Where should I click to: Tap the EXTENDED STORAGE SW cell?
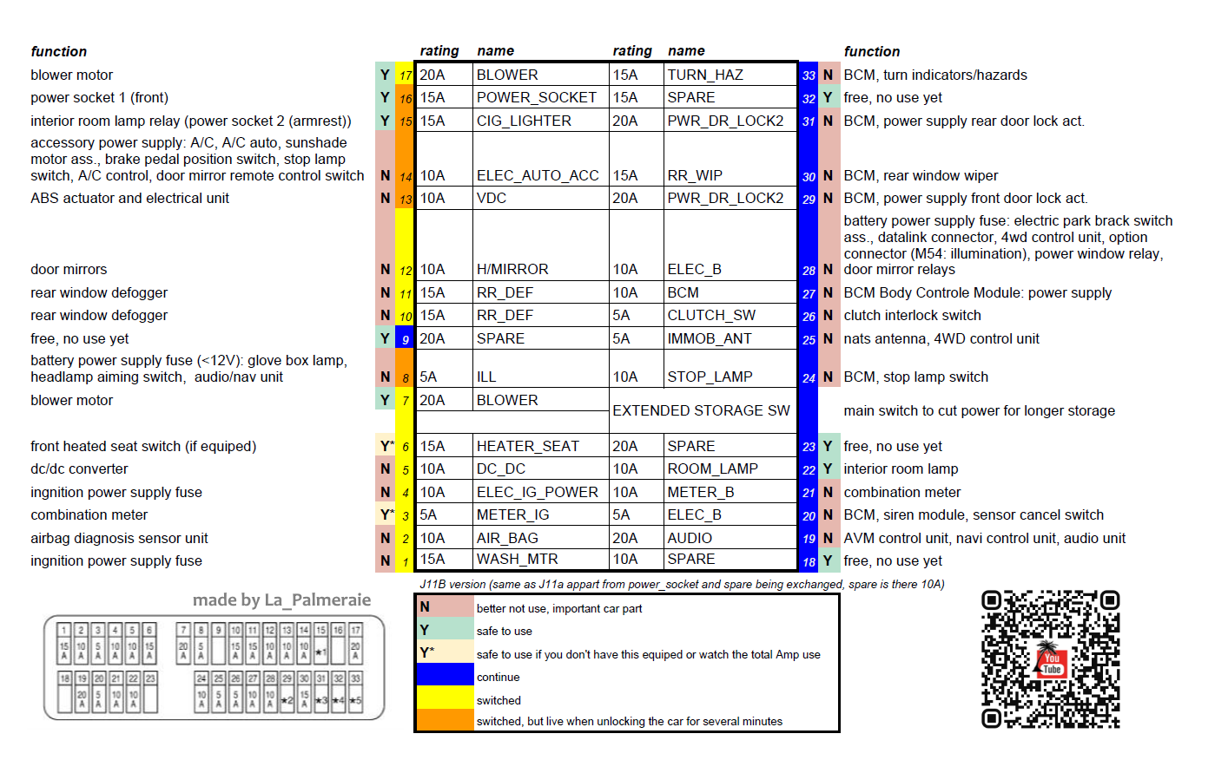[701, 410]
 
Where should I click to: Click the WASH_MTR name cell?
[517, 560]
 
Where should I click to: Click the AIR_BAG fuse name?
[507, 538]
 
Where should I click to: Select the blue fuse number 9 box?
[406, 339]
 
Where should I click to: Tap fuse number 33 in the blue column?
[809, 75]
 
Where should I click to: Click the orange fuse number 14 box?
[406, 176]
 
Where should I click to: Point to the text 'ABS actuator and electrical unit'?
[129, 198]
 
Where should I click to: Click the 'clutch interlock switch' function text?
[912, 315]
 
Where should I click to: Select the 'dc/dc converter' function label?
[79, 468]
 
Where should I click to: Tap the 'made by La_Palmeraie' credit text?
[281, 599]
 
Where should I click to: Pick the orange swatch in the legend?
[445, 721]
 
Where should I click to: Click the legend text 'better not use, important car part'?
[559, 608]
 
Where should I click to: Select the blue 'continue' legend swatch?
[445, 675]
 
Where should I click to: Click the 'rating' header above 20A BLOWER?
[439, 51]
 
